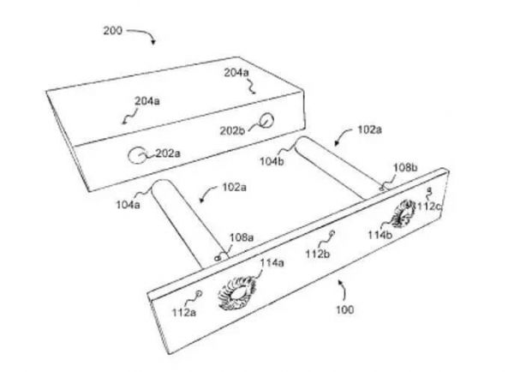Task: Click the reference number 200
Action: click(113, 31)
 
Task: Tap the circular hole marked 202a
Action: click(136, 155)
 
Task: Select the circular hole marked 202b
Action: click(266, 120)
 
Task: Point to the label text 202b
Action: click(232, 131)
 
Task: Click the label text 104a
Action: click(128, 205)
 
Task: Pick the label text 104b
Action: click(272, 161)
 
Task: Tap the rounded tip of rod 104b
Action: click(305, 142)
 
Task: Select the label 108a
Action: click(242, 237)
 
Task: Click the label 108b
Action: click(405, 168)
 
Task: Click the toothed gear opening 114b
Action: click(403, 213)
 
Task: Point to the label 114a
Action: click(272, 263)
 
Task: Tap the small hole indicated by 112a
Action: click(199, 293)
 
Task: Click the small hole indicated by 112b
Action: click(332, 233)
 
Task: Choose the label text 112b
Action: click(318, 254)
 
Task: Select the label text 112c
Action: click(429, 207)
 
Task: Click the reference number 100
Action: click(345, 309)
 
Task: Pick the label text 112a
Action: click(184, 312)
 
